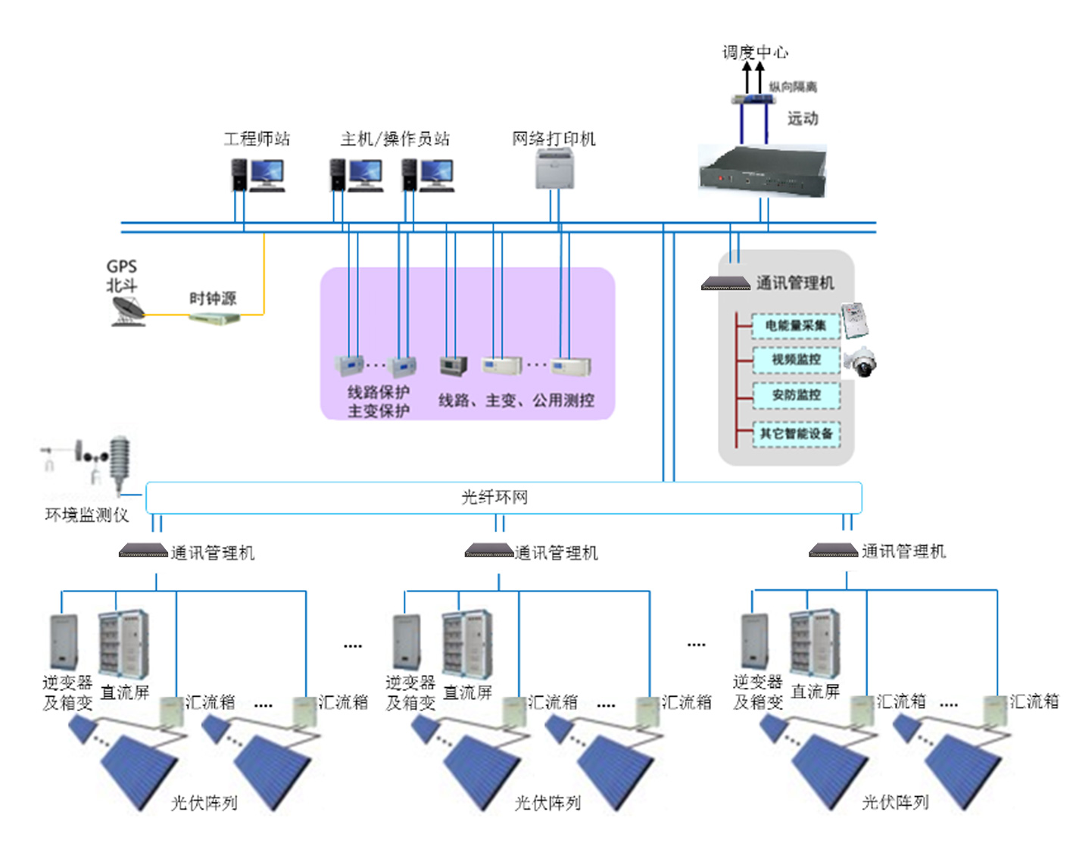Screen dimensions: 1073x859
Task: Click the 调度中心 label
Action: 755,52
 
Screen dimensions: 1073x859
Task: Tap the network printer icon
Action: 554,168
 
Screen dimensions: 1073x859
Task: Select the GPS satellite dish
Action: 128,311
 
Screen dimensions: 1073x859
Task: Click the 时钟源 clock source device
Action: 214,317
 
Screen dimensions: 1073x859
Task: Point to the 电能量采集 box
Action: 796,326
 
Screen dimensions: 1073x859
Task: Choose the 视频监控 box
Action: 796,360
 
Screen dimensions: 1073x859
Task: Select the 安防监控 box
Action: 796,395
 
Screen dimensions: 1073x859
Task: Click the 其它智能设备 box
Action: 796,433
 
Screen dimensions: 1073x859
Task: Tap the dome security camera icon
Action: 860,361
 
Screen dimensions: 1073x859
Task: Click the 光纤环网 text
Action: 494,497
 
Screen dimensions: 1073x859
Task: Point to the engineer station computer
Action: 258,175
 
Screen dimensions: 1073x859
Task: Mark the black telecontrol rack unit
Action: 763,171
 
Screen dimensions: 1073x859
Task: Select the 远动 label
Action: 803,118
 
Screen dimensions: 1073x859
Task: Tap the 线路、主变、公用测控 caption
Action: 516,400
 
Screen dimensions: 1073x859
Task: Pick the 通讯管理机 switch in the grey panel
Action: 725,283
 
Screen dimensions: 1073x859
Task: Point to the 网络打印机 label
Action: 554,139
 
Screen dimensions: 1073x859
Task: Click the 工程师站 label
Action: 257,139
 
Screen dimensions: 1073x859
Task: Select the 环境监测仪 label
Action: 87,515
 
